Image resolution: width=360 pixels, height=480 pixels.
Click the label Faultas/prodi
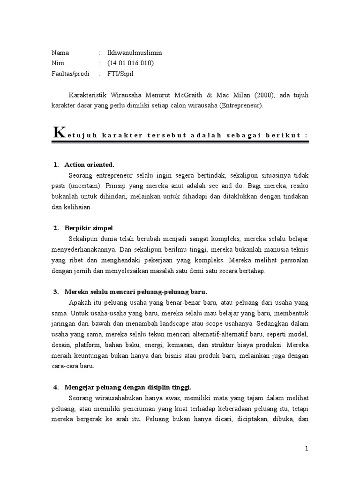pyautogui.click(x=70, y=74)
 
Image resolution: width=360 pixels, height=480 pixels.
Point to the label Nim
pyautogui.click(x=58, y=63)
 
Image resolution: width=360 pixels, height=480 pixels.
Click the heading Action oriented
pyautogui.click(x=90, y=165)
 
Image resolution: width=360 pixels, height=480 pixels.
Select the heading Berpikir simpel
pyautogui.click(x=89, y=228)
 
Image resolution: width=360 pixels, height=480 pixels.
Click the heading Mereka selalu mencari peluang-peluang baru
pyautogui.click(x=129, y=292)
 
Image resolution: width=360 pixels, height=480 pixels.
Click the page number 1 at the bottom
pyautogui.click(x=307, y=449)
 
